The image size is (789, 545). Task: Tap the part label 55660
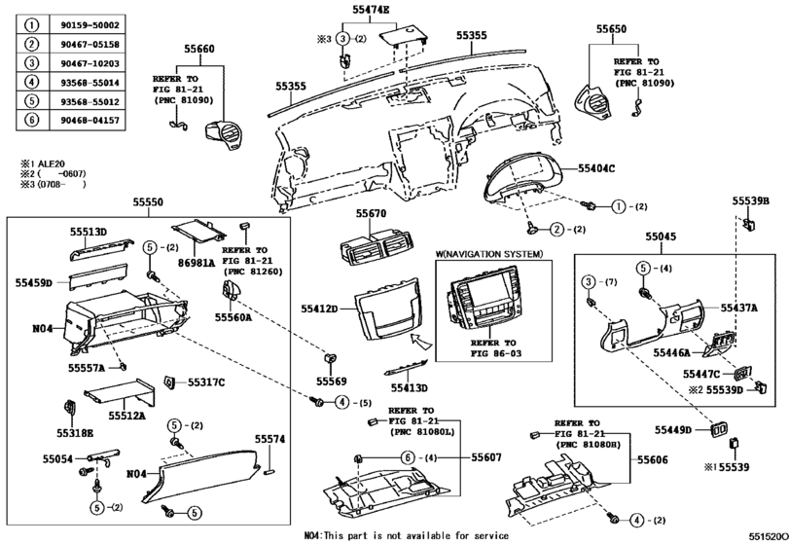[197, 48]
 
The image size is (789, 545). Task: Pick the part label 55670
[371, 212]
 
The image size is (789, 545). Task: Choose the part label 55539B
[750, 200]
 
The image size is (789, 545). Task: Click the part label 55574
[269, 439]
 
